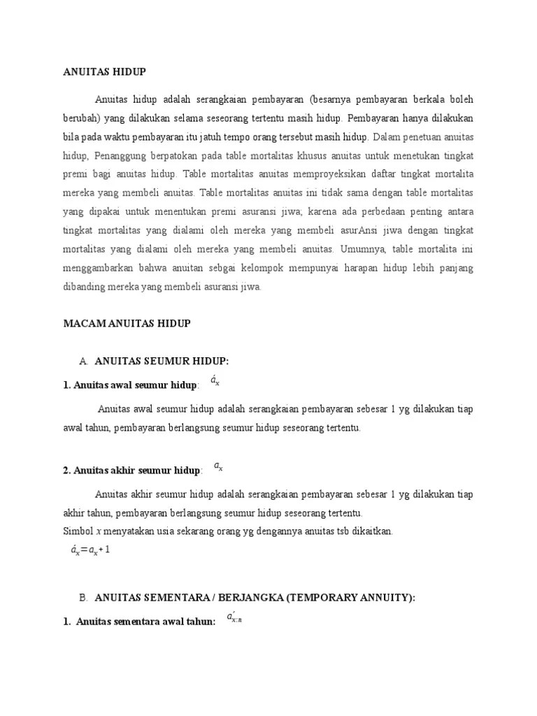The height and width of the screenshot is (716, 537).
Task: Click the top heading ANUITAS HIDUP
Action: [x=104, y=71]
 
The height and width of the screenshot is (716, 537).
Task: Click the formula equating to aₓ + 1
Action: [x=90, y=550]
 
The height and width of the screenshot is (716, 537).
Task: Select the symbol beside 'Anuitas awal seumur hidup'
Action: [x=215, y=381]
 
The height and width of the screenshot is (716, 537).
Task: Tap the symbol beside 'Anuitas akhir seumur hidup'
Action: [x=218, y=466]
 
